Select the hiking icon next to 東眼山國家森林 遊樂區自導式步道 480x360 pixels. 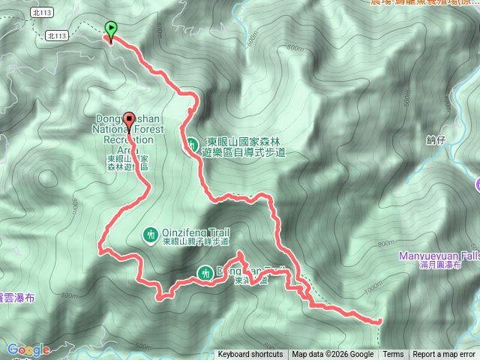point(192,143)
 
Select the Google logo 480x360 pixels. point(28,349)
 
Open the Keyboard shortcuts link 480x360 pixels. point(250,355)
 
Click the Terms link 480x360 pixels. point(393,355)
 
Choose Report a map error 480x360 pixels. point(445,355)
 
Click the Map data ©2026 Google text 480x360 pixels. point(333,355)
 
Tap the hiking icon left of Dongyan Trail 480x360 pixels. point(205,271)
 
